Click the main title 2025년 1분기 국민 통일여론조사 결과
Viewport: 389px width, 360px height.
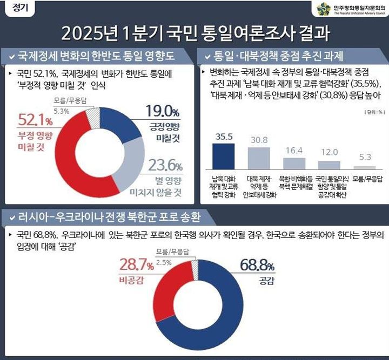[x=195, y=33]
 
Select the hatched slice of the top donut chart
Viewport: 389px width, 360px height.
[x=95, y=117]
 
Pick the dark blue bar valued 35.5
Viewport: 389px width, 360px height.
[x=223, y=157]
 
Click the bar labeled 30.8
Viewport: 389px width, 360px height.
[x=259, y=159]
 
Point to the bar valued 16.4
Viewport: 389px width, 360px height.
[x=294, y=164]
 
